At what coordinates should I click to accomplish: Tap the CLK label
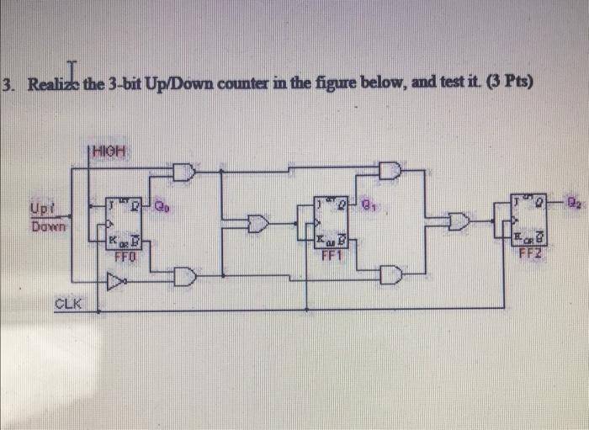coord(68,303)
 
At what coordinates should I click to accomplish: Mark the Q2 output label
coord(572,202)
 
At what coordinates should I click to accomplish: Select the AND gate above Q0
coord(183,173)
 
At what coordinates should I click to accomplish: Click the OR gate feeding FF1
coord(257,223)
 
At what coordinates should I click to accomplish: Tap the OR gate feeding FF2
coord(459,222)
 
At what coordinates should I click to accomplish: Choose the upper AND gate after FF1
coord(390,172)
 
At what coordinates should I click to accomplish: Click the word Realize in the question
coord(53,86)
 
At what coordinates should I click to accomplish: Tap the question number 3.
coord(8,86)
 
